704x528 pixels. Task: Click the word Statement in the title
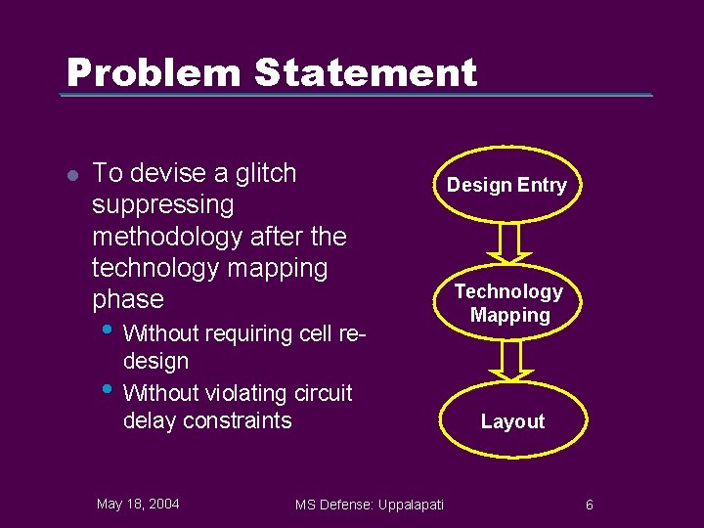[366, 72]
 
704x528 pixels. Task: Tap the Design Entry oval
[506, 185]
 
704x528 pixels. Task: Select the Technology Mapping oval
[508, 303]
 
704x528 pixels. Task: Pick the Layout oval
[512, 421]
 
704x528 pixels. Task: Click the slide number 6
[590, 505]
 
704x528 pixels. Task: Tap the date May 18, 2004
[138, 504]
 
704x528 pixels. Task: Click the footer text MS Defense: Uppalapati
[370, 505]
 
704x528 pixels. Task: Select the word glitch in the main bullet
[263, 173]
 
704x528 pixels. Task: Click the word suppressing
[163, 205]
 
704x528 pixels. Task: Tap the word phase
[128, 298]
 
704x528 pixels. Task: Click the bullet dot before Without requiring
[107, 328]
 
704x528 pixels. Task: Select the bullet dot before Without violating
[107, 387]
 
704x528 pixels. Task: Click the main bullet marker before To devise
[71, 175]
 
